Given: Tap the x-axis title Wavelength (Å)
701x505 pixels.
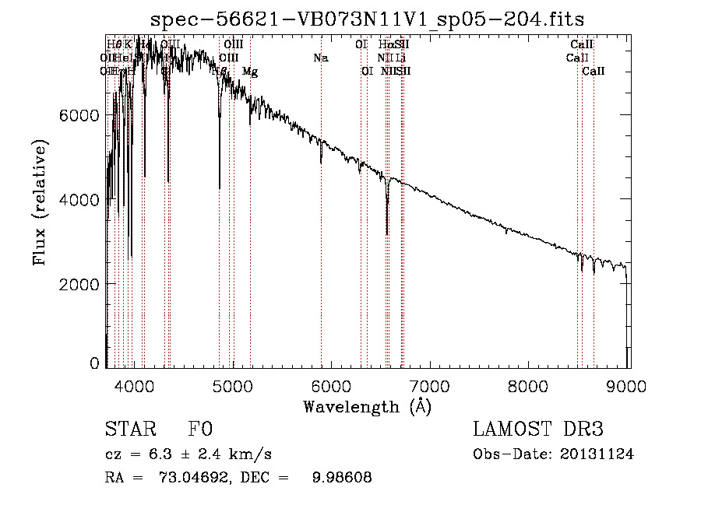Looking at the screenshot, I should tap(367, 406).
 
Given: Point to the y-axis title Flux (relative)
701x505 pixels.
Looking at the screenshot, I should tap(40, 202).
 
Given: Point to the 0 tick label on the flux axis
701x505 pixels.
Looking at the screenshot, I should tap(95, 363).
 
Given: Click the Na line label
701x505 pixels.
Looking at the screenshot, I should tap(320, 58).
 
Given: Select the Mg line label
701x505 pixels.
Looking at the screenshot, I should tap(249, 72).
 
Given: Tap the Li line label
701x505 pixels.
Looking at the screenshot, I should tap(400, 58).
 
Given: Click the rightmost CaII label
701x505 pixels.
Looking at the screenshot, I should tap(594, 72).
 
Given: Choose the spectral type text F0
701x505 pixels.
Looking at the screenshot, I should tap(200, 430).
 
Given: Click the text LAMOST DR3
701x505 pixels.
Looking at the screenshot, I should tap(538, 430).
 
